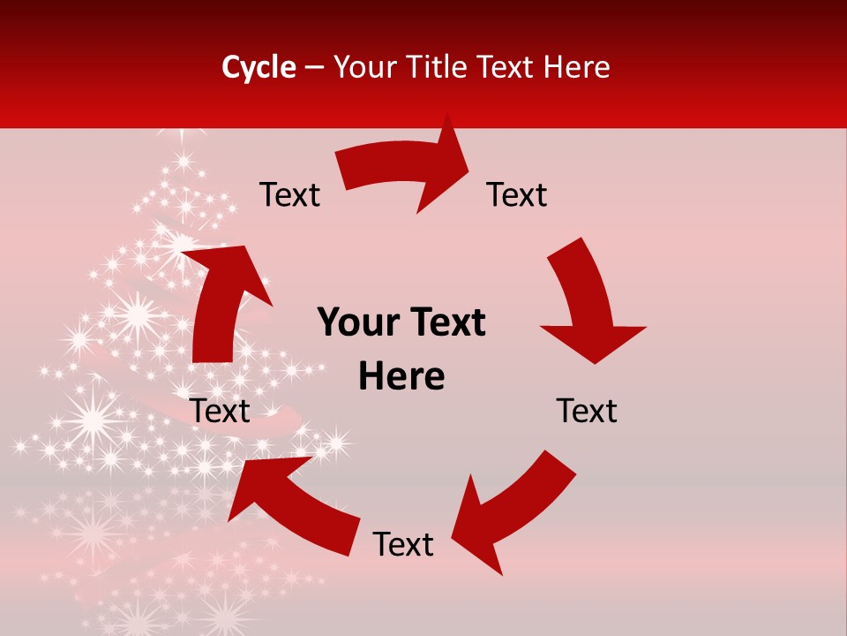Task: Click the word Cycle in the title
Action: pos(259,67)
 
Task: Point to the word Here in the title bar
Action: pos(579,67)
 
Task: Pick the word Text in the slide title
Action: pos(507,67)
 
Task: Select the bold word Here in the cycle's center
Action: pos(401,377)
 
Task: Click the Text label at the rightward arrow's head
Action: pos(517,195)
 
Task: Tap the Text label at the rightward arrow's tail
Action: pos(289,195)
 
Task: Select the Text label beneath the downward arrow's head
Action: pos(587,412)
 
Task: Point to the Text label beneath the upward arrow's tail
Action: pos(221,412)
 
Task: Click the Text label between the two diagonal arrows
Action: pos(403,545)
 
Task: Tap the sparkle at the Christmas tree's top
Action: pos(184,162)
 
